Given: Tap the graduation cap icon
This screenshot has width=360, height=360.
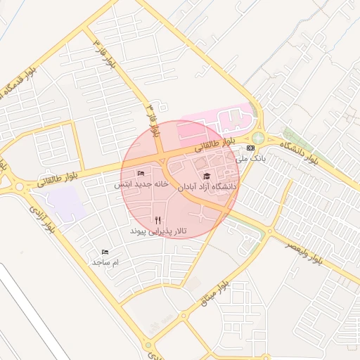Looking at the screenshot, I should [x=207, y=176].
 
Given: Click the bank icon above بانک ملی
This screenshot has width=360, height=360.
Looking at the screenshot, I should [x=251, y=148].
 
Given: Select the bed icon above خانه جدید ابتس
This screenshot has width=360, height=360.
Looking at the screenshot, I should [x=141, y=173].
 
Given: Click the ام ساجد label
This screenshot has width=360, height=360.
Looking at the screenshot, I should [x=105, y=262].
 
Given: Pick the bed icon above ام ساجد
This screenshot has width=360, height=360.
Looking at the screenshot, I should [x=105, y=251].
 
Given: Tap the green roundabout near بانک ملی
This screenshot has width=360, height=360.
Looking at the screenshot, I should [x=259, y=138].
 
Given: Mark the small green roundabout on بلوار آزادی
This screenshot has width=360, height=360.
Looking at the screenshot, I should [x=150, y=345].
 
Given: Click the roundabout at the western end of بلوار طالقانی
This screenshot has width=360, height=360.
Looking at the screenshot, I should [x=19, y=186].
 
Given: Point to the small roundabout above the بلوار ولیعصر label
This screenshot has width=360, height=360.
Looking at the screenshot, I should [x=270, y=231].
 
